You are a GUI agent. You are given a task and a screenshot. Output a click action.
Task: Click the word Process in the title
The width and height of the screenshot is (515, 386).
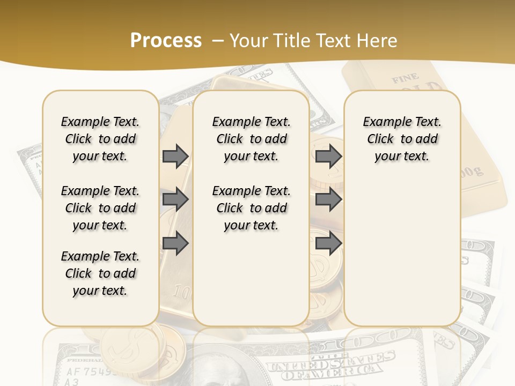coord(166,40)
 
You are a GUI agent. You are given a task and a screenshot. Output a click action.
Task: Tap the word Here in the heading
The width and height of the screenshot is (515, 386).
coord(376,41)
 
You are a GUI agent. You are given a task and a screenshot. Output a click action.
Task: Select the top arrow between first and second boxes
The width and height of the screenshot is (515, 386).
coord(175,156)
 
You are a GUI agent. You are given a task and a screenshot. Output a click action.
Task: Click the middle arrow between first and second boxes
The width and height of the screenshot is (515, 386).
coord(175,199)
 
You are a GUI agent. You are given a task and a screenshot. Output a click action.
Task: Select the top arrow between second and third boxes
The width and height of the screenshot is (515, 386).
coord(328,156)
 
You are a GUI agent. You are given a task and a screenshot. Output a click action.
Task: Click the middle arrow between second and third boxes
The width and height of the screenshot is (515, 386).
coord(328,199)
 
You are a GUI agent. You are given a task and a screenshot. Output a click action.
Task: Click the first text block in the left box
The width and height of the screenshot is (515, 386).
coord(100,139)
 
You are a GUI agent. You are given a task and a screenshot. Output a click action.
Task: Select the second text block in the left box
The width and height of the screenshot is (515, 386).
coord(100,208)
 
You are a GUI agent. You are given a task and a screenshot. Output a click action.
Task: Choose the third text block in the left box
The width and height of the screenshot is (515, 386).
coord(100,273)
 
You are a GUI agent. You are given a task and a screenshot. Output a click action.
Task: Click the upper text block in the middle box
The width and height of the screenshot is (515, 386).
coord(251,139)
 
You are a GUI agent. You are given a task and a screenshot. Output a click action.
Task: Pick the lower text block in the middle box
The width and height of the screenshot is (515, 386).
coord(251,208)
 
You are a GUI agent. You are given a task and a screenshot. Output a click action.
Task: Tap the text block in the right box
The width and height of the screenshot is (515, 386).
coord(402,139)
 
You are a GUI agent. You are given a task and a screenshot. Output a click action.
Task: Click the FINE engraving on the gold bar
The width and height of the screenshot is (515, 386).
coord(405,79)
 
